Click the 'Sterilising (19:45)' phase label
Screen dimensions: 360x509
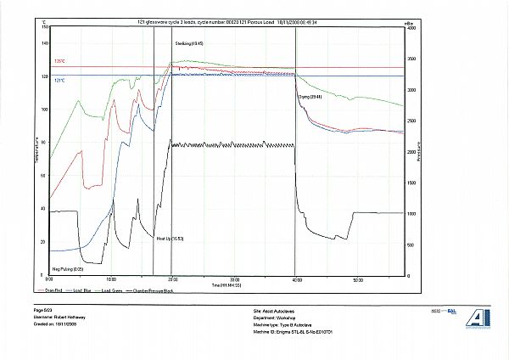tap(188, 42)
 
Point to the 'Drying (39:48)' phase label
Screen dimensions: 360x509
tap(310, 98)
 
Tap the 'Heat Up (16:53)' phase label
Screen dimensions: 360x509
tap(170, 239)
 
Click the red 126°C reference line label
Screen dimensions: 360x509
tap(59, 61)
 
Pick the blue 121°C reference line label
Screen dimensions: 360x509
tap(59, 81)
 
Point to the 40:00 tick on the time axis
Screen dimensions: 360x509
tap(295, 279)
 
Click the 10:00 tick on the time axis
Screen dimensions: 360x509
tap(111, 279)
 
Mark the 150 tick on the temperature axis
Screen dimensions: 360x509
tap(43, 27)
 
